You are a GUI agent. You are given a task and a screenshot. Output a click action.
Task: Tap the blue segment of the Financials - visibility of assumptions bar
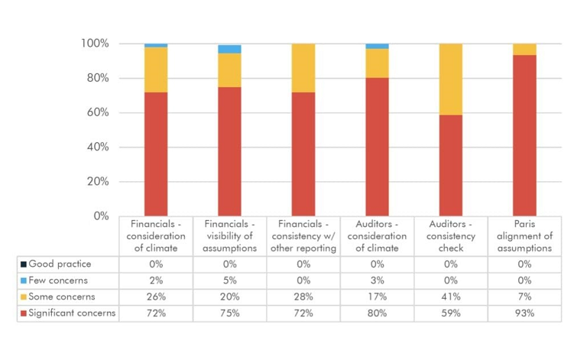coord(229,49)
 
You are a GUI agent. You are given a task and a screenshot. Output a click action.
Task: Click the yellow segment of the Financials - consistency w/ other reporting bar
coord(303,68)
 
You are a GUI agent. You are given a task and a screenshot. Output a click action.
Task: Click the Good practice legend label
coord(60,264)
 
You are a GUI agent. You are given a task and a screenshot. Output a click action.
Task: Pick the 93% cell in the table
coord(524,313)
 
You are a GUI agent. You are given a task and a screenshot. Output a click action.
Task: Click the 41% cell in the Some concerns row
coord(451,297)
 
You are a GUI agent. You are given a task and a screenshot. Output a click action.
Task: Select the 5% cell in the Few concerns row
coord(229,281)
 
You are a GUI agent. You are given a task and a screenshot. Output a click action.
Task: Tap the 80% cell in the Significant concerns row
coord(377,313)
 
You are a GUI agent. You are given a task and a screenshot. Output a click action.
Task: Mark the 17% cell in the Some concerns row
coord(377,297)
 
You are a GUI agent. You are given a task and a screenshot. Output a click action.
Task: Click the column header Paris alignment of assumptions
coord(524,236)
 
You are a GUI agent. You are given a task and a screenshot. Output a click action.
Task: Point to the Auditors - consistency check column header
coord(451,236)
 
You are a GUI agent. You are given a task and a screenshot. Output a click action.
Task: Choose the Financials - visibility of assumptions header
coord(229,236)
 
